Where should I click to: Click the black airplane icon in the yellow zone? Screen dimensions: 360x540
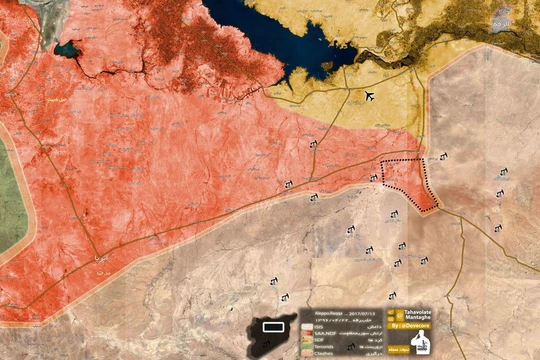click(371, 96)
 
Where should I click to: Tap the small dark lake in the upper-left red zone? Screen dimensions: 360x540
click(68, 49)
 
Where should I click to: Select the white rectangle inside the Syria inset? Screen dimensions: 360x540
click(272, 327)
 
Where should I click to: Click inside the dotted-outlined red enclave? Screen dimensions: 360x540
click(408, 178)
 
